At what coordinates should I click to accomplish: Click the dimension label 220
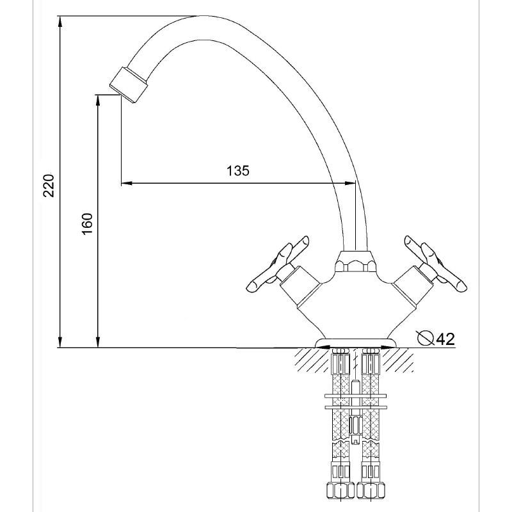[49, 186]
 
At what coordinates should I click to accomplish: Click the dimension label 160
[87, 223]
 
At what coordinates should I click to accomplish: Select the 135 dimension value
[238, 170]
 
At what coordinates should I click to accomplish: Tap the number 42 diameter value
[445, 339]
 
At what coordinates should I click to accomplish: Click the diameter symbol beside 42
[426, 338]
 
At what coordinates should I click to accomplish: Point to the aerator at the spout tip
[129, 85]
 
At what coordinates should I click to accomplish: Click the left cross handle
[278, 264]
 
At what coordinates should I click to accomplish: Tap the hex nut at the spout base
[355, 266]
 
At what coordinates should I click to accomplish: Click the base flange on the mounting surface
[356, 343]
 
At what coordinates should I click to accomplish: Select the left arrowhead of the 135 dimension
[127, 183]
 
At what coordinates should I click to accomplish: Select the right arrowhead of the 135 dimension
[349, 183]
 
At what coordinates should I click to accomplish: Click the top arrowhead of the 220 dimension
[60, 22]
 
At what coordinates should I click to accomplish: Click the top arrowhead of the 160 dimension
[97, 100]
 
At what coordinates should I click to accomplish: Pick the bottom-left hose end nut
[340, 490]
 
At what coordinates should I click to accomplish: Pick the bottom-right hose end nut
[371, 490]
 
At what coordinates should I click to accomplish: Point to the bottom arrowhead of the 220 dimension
[60, 342]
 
